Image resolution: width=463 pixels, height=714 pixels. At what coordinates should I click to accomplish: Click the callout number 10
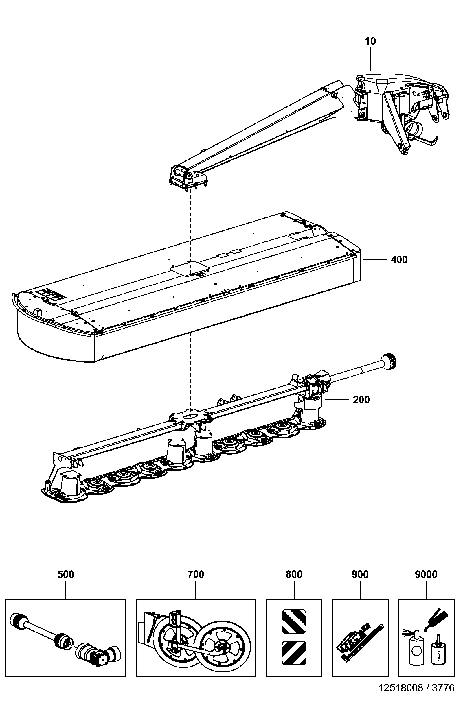click(x=370, y=41)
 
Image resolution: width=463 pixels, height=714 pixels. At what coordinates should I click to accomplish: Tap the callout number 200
click(x=361, y=400)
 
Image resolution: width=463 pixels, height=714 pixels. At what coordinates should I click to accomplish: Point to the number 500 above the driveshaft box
click(x=65, y=574)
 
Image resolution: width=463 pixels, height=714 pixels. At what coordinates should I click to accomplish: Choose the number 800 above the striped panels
click(x=294, y=574)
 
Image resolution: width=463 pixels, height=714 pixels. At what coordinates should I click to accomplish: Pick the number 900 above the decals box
click(x=360, y=574)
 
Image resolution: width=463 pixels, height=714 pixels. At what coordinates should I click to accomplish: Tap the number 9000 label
click(x=426, y=574)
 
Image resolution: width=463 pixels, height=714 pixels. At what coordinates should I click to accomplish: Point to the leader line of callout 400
click(x=375, y=260)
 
